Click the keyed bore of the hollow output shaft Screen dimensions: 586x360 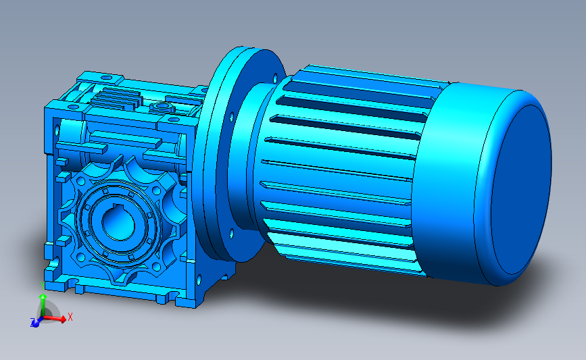click(x=118, y=225)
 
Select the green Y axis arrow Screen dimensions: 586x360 click(x=43, y=305)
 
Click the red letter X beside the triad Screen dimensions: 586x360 click(x=70, y=317)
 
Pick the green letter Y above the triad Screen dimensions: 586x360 click(x=42, y=286)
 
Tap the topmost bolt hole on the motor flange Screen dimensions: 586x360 click(x=276, y=78)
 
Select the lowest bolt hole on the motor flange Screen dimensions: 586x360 click(x=232, y=234)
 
